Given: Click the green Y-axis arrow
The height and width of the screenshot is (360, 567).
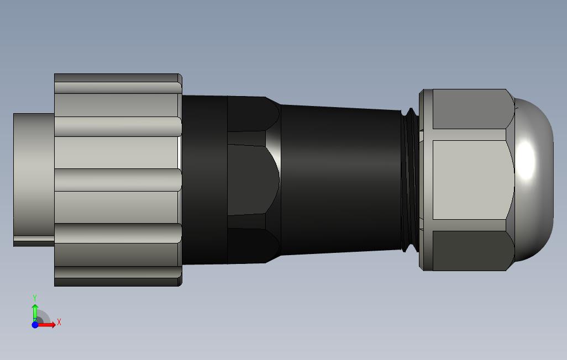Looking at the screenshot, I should (x=35, y=309).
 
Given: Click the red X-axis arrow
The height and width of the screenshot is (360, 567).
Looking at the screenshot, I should (x=46, y=325).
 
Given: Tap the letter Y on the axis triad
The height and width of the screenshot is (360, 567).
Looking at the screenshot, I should (x=35, y=298).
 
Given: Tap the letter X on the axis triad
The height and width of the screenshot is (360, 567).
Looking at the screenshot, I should (x=59, y=322).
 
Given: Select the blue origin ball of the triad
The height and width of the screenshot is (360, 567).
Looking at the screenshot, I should (x=35, y=325).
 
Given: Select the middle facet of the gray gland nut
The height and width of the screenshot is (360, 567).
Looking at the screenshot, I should (x=470, y=179).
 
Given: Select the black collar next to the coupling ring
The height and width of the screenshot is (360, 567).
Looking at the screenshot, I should (x=204, y=179).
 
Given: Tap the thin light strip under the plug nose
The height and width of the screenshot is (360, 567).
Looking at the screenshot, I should (x=33, y=241).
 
